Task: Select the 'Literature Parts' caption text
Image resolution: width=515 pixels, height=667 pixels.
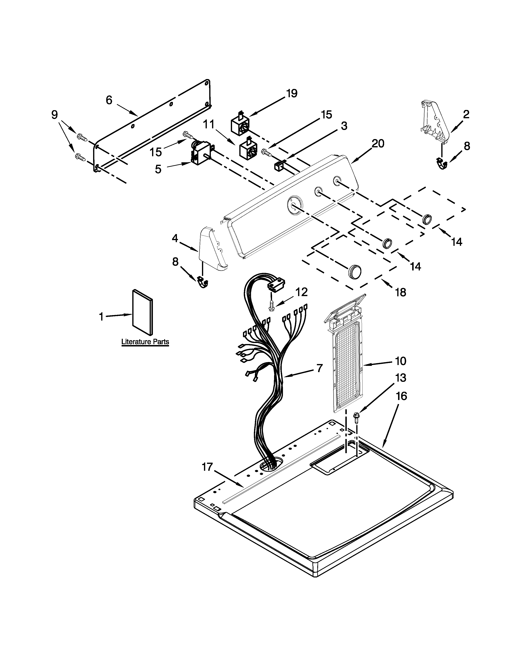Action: tap(145, 341)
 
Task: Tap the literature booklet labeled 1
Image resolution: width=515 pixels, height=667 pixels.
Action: tap(142, 311)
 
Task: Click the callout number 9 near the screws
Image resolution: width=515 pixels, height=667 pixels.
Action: tap(54, 115)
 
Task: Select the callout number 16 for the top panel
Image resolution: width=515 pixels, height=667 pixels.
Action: tap(401, 396)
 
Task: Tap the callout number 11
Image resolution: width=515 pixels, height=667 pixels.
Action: tap(209, 125)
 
